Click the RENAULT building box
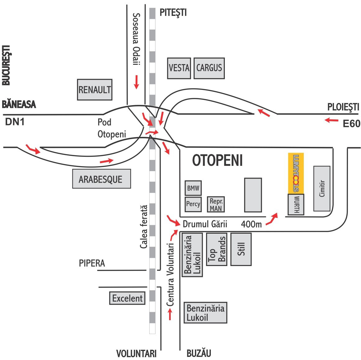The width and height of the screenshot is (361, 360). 95,90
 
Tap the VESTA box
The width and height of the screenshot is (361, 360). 179,68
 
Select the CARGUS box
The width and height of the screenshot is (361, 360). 209,68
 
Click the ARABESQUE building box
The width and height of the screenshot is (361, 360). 101,179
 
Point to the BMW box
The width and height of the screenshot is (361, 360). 193,188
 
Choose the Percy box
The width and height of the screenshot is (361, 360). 193,204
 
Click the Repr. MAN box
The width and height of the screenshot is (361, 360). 216,205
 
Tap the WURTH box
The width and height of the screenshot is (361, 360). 296,204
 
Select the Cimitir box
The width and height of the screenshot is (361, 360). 322,188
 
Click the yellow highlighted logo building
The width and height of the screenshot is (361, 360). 296,173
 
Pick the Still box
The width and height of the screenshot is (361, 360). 241,249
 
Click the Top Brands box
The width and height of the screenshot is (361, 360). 217,249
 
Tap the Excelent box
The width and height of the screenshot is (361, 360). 127,298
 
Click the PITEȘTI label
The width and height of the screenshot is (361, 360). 173,12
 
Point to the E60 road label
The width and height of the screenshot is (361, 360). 351,124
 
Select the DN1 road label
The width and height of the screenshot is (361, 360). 15,122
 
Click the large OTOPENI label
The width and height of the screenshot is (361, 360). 217,160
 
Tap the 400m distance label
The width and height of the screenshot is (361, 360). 251,224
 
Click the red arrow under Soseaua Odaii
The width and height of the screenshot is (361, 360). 136,82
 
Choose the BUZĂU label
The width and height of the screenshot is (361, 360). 199,353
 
